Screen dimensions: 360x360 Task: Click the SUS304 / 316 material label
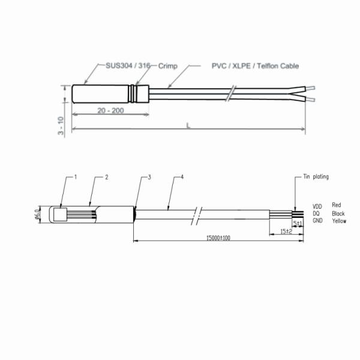pos(128,66)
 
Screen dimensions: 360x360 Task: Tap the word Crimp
pos(168,66)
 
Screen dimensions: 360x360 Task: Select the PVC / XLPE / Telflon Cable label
pos(255,66)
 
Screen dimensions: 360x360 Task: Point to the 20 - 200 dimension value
pos(110,110)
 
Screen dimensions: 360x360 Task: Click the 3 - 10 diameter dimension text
pos(61,125)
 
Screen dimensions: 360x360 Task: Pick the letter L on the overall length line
pos(188,125)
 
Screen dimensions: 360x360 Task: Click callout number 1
pos(76,177)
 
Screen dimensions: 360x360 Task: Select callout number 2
pos(107,177)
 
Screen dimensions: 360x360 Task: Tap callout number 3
pos(149,177)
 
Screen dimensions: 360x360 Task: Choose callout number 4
pos(182,177)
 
